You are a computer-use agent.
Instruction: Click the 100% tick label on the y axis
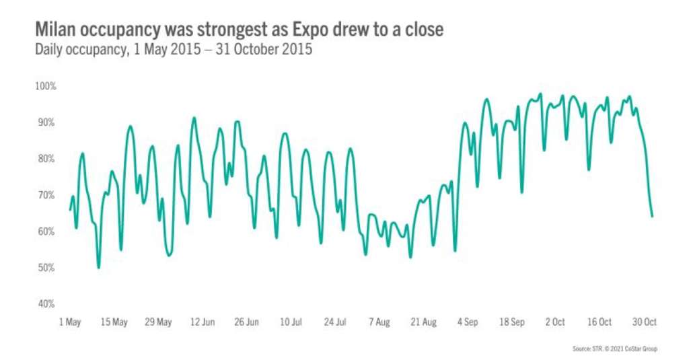point(46,87)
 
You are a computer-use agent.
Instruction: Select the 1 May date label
point(70,323)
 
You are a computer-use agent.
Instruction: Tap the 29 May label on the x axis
point(158,323)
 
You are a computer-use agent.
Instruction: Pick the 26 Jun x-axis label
point(246,323)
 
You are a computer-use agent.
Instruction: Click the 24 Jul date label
point(334,323)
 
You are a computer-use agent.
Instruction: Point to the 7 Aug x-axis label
point(379,323)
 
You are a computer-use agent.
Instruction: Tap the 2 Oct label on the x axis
point(555,323)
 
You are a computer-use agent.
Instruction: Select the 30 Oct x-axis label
point(644,323)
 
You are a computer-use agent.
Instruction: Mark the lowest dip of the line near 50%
point(99,268)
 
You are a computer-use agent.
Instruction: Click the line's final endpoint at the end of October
point(652,217)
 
